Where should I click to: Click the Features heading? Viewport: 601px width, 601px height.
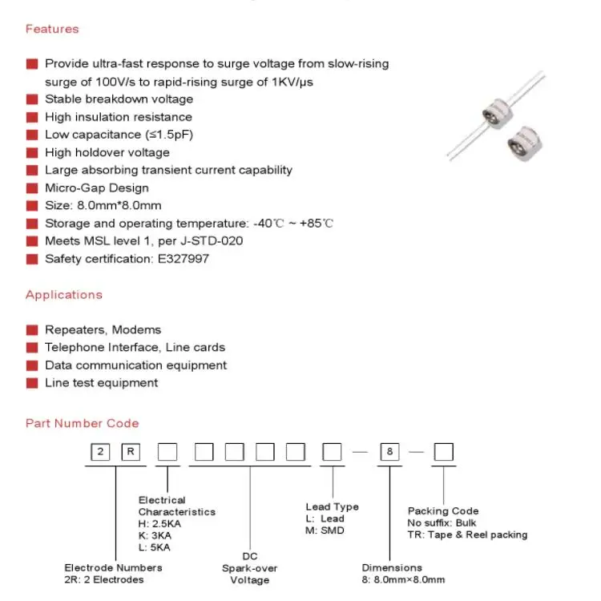click(52, 29)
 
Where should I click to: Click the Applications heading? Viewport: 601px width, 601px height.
click(64, 294)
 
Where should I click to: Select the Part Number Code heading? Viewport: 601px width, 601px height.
click(82, 423)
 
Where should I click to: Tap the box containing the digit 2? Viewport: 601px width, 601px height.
click(100, 452)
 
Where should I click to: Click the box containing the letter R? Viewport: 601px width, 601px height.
click(131, 452)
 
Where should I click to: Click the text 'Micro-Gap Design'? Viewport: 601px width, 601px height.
click(96, 188)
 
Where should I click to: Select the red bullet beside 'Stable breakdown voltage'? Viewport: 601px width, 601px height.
click(32, 99)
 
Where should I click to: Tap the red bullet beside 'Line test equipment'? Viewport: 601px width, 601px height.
click(32, 383)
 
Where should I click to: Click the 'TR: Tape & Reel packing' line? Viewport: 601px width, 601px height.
click(467, 534)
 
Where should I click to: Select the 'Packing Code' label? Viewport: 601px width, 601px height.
click(442, 510)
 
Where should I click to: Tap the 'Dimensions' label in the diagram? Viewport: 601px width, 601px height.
click(391, 567)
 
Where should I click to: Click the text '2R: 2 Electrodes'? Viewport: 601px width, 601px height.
click(104, 579)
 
